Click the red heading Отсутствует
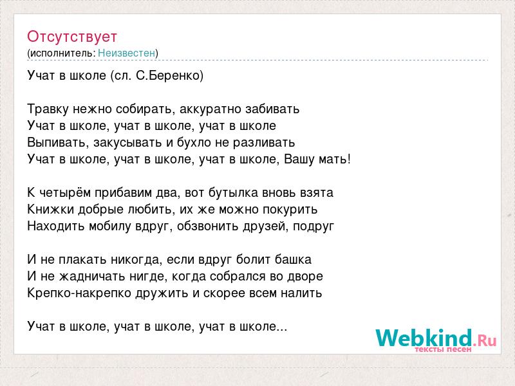72,37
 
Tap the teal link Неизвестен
126,53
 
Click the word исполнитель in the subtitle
62,53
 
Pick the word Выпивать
58,142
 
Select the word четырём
65,192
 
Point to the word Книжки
51,209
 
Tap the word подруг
314,226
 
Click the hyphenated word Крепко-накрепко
79,293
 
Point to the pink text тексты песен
443,349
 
